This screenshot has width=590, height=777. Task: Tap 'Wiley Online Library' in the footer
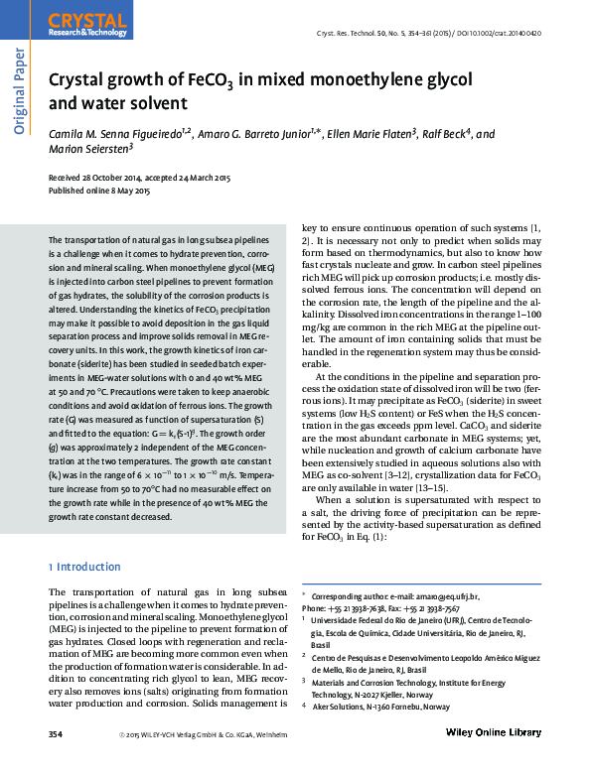(x=488, y=733)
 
